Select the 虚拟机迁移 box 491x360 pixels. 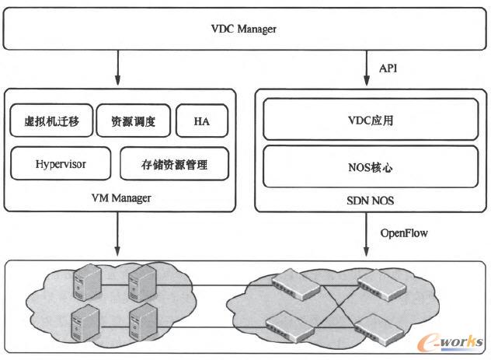click(50, 121)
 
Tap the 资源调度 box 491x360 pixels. click(128, 121)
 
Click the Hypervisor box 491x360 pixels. click(61, 164)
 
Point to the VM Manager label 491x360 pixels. click(120, 197)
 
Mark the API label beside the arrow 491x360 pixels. click(388, 68)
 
